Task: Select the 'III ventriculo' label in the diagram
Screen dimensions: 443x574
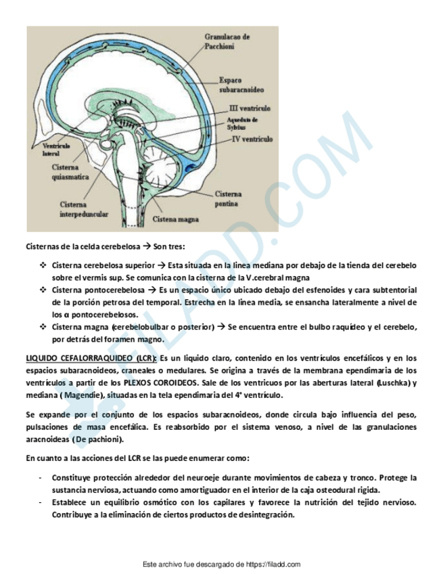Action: [250, 108]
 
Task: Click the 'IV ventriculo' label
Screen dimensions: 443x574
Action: [252, 139]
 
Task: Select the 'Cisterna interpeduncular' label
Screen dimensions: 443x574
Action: [84, 208]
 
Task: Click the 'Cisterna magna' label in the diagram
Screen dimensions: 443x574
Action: [174, 219]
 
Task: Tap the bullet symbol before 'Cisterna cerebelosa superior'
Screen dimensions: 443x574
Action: [43, 265]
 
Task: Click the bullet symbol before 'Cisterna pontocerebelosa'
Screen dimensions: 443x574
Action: [43, 290]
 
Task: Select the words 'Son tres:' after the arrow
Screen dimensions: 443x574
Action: [166, 247]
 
